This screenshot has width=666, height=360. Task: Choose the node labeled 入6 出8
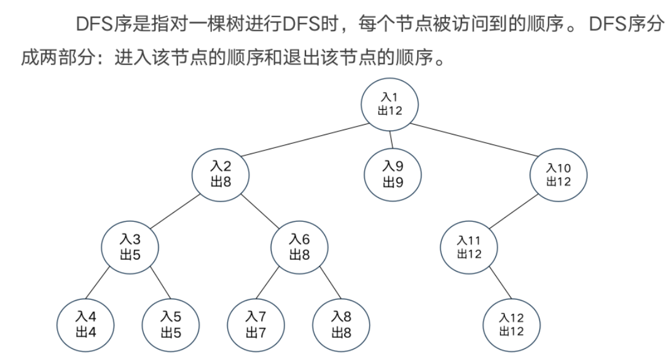point(299,246)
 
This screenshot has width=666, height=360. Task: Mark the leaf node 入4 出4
point(86,324)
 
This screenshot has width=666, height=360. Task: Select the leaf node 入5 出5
point(171,324)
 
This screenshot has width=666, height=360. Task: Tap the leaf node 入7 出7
point(256,324)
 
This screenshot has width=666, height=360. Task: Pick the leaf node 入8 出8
point(341,324)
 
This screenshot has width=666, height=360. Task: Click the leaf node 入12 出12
point(512,324)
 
